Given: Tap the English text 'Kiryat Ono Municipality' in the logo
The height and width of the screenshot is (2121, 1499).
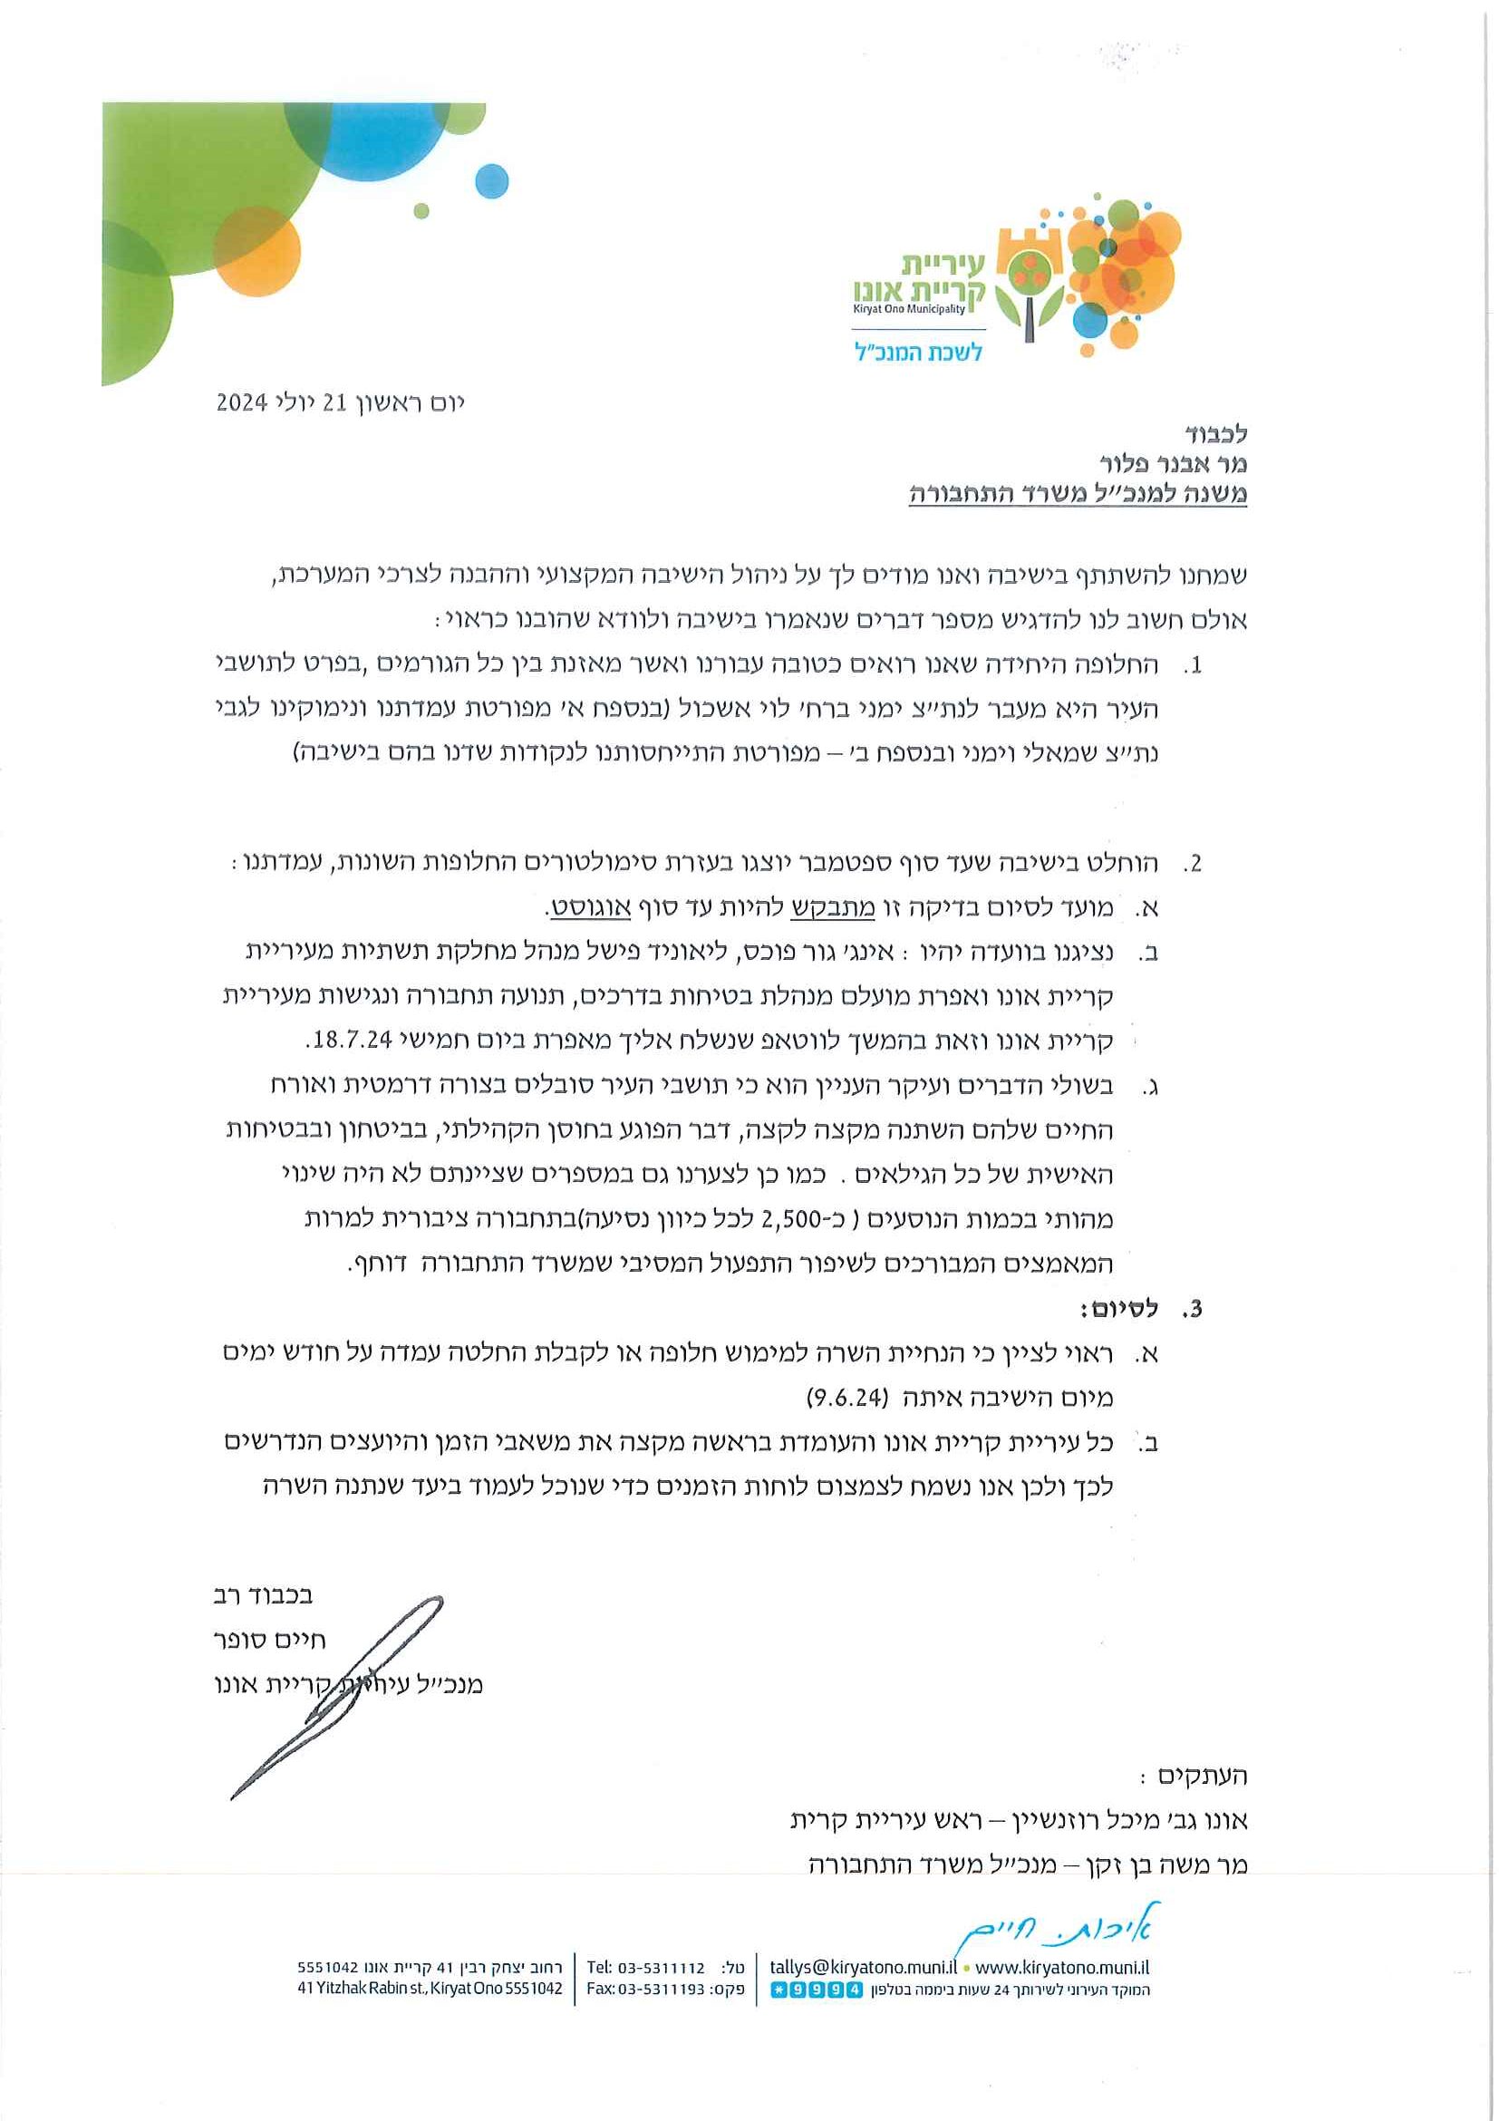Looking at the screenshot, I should click(909, 309).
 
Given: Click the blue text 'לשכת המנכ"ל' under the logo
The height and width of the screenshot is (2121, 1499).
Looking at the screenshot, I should click(917, 353).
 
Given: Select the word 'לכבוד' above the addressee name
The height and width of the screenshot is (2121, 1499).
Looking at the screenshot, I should click(1215, 433).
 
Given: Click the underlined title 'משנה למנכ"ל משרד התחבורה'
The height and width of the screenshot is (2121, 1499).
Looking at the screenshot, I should click(1078, 494).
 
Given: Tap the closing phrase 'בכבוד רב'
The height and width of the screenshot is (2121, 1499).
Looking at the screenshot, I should click(264, 1595).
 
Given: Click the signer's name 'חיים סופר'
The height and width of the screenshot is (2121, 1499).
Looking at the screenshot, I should click(270, 1640).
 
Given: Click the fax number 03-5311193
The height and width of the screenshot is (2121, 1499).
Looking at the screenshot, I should click(662, 1989).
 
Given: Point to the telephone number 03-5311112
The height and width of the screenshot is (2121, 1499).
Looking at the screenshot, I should click(662, 1969).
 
